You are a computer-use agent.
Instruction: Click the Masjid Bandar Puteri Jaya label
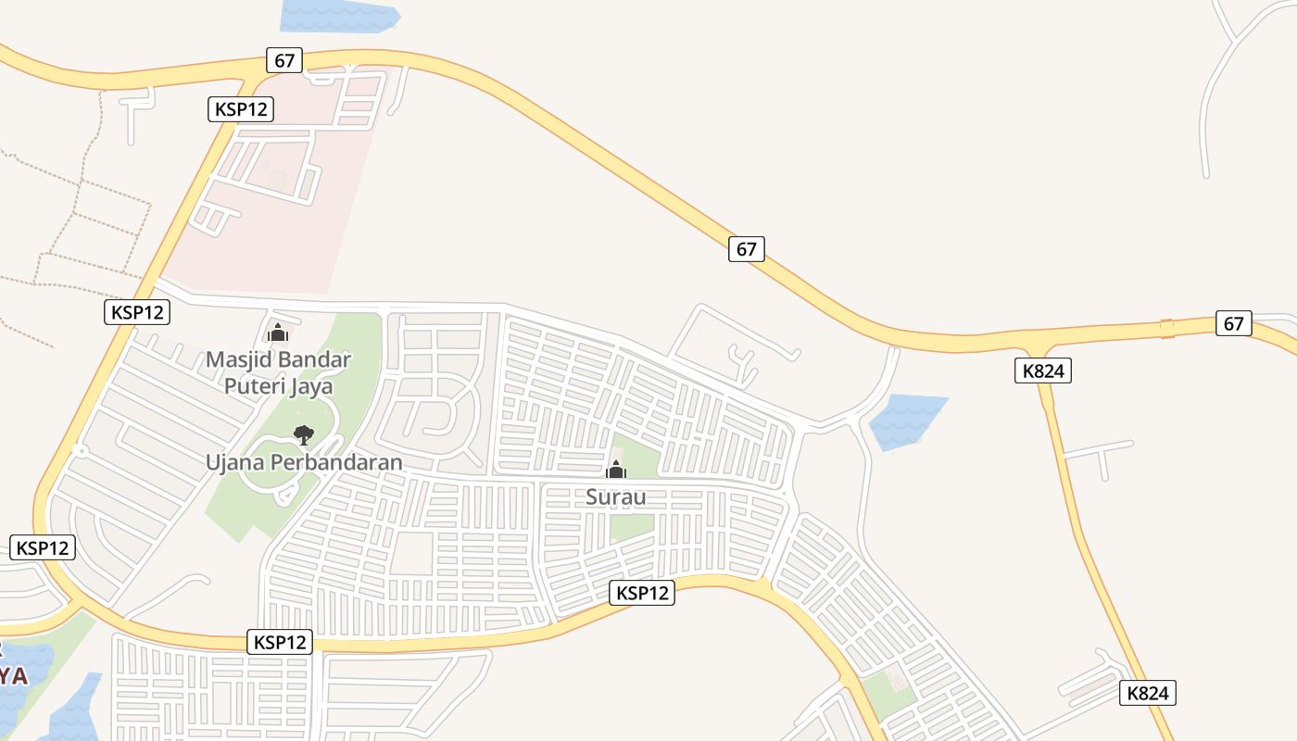click(278, 371)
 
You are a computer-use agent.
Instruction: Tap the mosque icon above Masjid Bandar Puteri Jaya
click(278, 333)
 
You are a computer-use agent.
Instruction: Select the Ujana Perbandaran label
click(304, 461)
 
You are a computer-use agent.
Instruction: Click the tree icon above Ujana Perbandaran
click(303, 433)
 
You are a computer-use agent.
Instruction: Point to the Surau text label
click(615, 496)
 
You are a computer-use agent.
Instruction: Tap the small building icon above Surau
click(616, 470)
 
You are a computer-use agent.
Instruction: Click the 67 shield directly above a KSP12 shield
click(284, 61)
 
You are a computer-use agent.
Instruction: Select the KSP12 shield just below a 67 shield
click(241, 109)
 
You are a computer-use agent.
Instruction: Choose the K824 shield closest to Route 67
click(1043, 371)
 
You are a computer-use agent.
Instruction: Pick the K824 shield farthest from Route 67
click(1148, 693)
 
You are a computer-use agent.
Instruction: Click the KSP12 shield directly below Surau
click(642, 593)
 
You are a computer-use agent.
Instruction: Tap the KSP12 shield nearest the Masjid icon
click(137, 312)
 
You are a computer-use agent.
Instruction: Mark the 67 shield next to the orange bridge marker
click(1233, 323)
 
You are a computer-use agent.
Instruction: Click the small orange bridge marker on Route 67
click(1166, 328)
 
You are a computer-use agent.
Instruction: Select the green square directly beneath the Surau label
click(632, 526)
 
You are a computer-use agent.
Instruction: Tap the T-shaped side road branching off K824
click(1100, 454)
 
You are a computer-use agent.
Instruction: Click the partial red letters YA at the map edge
click(12, 674)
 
